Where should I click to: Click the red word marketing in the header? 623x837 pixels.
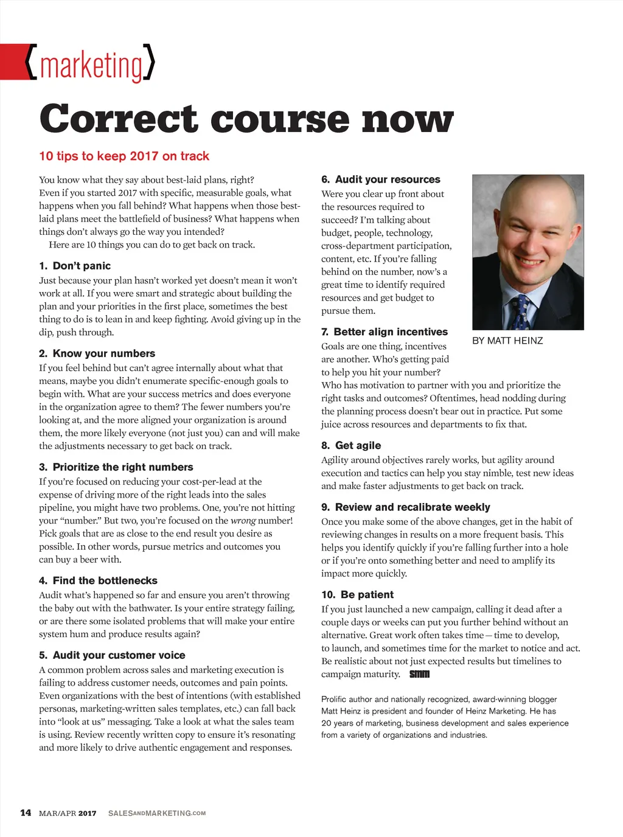[91, 66]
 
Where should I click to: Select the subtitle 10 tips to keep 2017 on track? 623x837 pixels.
[124, 156]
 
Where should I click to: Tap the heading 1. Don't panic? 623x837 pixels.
[75, 266]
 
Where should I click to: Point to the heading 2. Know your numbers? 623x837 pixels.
[97, 353]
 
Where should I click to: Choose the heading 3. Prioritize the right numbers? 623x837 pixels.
[116, 467]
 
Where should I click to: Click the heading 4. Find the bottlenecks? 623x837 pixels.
[98, 581]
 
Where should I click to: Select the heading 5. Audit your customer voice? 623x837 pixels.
[112, 655]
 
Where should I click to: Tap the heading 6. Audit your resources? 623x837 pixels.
[380, 179]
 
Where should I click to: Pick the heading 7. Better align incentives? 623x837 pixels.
[384, 332]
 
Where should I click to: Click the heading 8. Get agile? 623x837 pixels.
[351, 445]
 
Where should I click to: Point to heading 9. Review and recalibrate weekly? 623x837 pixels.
[405, 507]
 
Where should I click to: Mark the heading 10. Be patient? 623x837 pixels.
[357, 594]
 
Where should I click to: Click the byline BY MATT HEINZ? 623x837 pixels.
[507, 341]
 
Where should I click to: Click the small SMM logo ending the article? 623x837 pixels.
[419, 674]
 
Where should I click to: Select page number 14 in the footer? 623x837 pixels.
[26, 813]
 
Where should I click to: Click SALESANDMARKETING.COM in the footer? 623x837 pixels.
[157, 813]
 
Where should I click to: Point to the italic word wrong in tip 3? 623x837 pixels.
[243, 521]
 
